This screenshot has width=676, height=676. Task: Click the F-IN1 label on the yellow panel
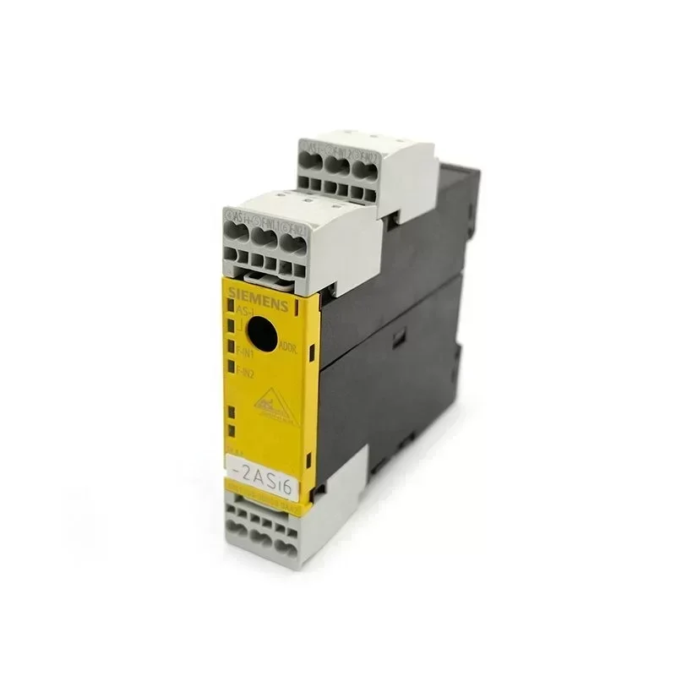[x=246, y=355]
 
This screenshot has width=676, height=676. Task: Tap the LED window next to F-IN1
[x=231, y=346]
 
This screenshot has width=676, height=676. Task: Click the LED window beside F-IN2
[x=231, y=366]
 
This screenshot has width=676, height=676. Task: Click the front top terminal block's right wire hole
[x=289, y=244]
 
